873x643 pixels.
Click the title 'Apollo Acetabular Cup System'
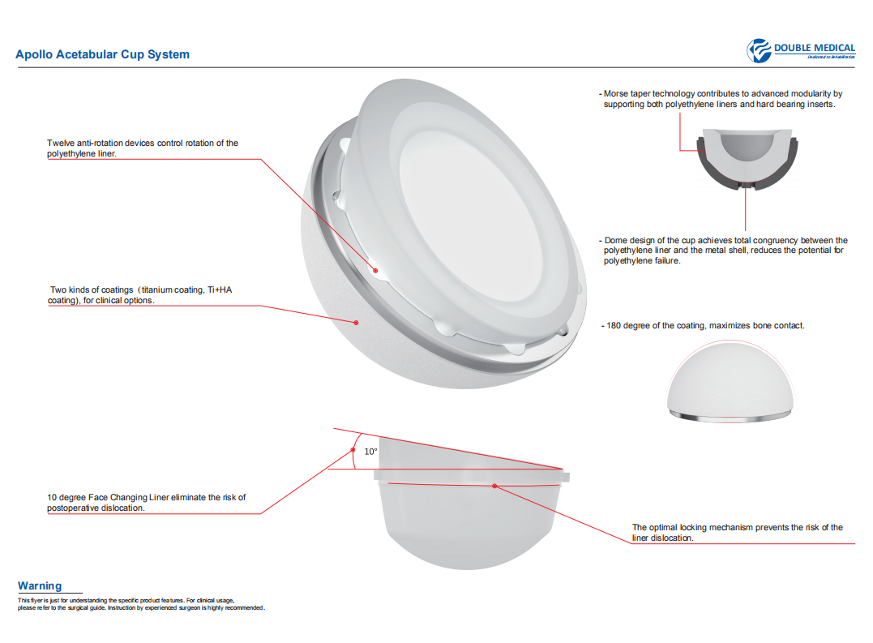click(x=102, y=54)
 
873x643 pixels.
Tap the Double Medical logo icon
click(x=759, y=50)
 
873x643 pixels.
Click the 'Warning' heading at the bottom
click(x=40, y=585)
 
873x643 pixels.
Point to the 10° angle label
click(x=370, y=452)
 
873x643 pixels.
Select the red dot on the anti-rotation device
click(x=375, y=271)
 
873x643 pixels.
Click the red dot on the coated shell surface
click(x=356, y=322)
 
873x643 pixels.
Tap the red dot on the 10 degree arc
click(x=353, y=449)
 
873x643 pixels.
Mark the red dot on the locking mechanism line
click(x=494, y=485)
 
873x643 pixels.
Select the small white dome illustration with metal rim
click(x=729, y=380)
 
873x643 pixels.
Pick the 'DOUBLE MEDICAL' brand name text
click(x=814, y=48)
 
